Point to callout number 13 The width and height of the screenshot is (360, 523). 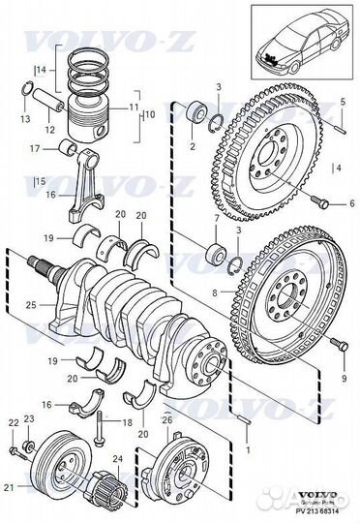pos(25,118)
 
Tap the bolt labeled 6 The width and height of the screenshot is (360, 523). pos(320,202)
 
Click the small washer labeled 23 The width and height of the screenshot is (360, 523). pos(29,446)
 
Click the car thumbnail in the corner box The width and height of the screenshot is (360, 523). pos(301,38)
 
